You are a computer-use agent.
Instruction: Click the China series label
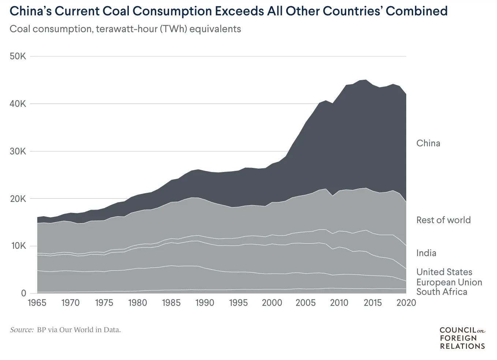(428, 143)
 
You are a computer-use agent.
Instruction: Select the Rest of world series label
(443, 220)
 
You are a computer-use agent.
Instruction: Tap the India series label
(426, 253)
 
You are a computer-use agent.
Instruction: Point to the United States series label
(444, 272)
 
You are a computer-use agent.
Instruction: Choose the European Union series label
(449, 282)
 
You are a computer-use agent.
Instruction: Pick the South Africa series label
(441, 292)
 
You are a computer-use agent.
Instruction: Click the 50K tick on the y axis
(18, 56)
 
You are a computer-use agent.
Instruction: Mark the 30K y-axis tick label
(18, 151)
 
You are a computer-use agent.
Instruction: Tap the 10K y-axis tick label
(18, 246)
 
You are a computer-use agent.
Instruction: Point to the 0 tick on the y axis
(23, 293)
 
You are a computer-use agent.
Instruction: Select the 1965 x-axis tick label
(37, 303)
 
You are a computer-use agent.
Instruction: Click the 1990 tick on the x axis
(205, 303)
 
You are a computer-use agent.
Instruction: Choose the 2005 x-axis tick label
(305, 303)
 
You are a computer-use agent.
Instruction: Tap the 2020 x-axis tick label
(406, 303)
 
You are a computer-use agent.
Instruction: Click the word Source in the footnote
(22, 330)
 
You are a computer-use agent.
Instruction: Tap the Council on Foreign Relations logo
(462, 338)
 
